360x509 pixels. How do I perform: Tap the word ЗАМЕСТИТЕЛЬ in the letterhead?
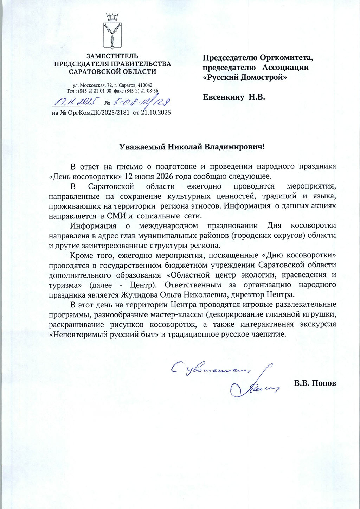[112, 56]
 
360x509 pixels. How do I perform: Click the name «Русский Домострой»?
[245, 77]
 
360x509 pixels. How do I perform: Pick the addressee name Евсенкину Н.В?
[234, 97]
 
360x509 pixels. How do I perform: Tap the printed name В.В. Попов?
[315, 383]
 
